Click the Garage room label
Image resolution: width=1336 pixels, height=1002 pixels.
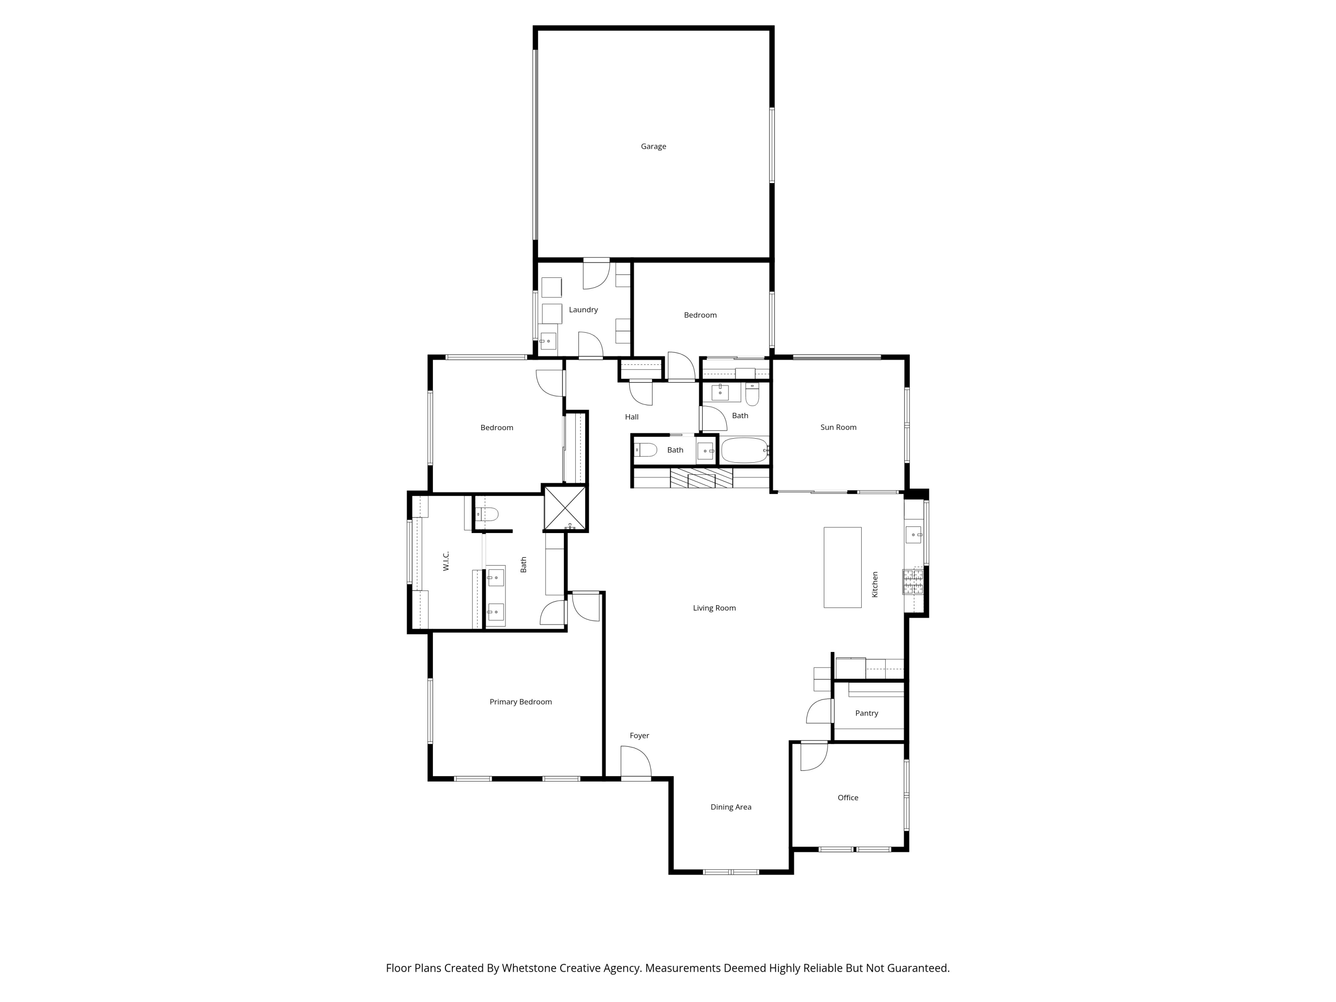[x=653, y=146]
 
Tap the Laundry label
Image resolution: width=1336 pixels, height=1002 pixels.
[x=583, y=310]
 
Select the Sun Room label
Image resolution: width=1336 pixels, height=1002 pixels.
[x=838, y=427]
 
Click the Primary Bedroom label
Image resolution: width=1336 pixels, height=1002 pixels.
[x=520, y=702]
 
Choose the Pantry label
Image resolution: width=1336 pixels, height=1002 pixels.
[x=866, y=713]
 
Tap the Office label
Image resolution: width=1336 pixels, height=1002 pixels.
[x=847, y=798]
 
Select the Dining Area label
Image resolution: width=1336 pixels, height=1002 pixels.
[x=730, y=807]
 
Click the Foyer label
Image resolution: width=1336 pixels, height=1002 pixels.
[x=639, y=736]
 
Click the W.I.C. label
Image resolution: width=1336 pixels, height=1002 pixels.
[x=446, y=561]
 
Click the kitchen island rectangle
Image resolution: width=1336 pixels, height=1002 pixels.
[x=842, y=567]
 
